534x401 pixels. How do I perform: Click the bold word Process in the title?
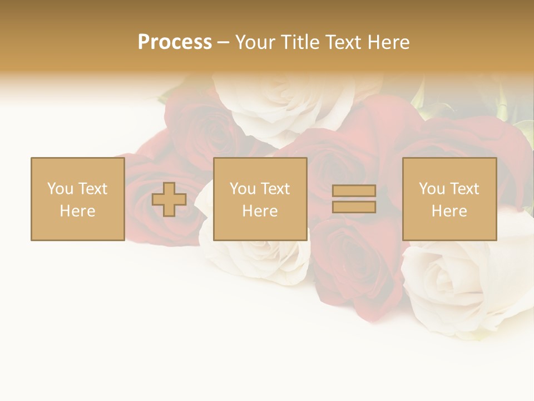click(x=175, y=42)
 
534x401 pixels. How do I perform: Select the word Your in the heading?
click(x=256, y=42)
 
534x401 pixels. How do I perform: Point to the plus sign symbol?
click(x=169, y=199)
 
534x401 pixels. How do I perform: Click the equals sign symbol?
click(x=354, y=199)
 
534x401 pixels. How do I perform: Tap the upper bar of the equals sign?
click(x=354, y=191)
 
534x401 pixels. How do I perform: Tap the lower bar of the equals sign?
click(x=354, y=207)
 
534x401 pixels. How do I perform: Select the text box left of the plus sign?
click(x=77, y=199)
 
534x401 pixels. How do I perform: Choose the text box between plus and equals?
click(x=260, y=199)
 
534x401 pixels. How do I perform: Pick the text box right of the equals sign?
click(x=449, y=199)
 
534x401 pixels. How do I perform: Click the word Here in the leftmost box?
click(x=77, y=211)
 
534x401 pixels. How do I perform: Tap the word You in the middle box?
click(x=243, y=189)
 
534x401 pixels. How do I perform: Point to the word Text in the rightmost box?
click(x=465, y=189)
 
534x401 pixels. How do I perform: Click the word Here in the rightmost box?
click(x=449, y=211)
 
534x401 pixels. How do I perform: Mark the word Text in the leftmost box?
click(x=93, y=189)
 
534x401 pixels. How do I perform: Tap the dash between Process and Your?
click(x=223, y=42)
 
